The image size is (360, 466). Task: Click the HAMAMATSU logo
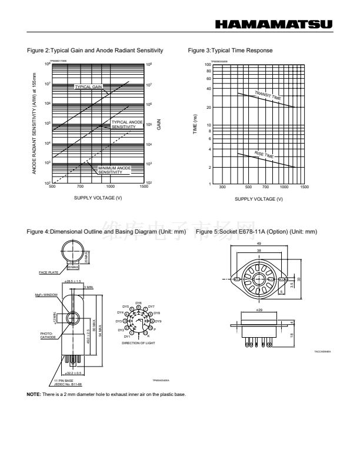pyautogui.click(x=274, y=24)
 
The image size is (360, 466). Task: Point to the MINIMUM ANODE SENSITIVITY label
pyautogui.click(x=115, y=169)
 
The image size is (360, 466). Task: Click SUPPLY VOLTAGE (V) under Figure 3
pyautogui.click(x=259, y=199)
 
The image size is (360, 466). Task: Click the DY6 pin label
pyautogui.click(x=138, y=302)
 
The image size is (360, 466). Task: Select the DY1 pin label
pyautogui.click(x=127, y=335)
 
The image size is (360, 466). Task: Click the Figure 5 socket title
pyautogui.click(x=256, y=232)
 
